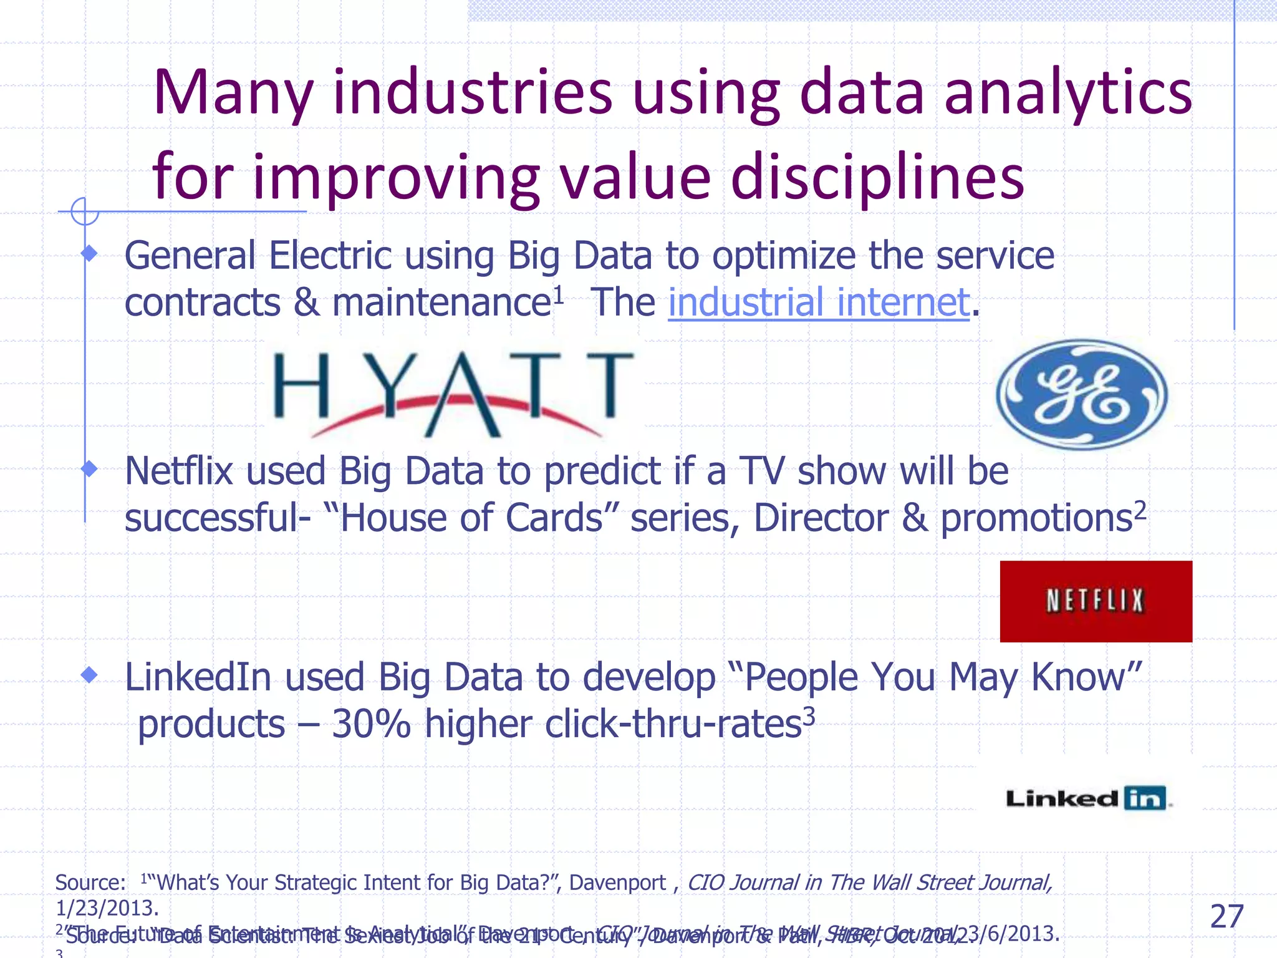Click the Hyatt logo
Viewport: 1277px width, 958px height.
pos(454,393)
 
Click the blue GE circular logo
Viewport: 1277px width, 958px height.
pos(1082,394)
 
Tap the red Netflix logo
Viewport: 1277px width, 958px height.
pos(1096,601)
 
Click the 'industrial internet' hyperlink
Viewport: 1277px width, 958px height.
pos(819,302)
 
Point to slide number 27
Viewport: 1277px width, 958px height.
pos(1226,916)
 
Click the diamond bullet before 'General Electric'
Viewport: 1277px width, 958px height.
pos(90,253)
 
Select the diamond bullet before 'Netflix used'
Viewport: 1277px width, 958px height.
pos(90,468)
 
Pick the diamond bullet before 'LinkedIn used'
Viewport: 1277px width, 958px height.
pos(90,674)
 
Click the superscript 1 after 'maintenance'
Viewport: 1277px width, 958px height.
pos(559,294)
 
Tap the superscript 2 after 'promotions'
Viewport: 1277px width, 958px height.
pos(1140,510)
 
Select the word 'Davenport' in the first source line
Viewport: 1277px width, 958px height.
pos(617,883)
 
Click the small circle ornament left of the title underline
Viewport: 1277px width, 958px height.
pos(85,211)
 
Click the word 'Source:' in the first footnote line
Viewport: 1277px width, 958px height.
pos(90,883)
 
